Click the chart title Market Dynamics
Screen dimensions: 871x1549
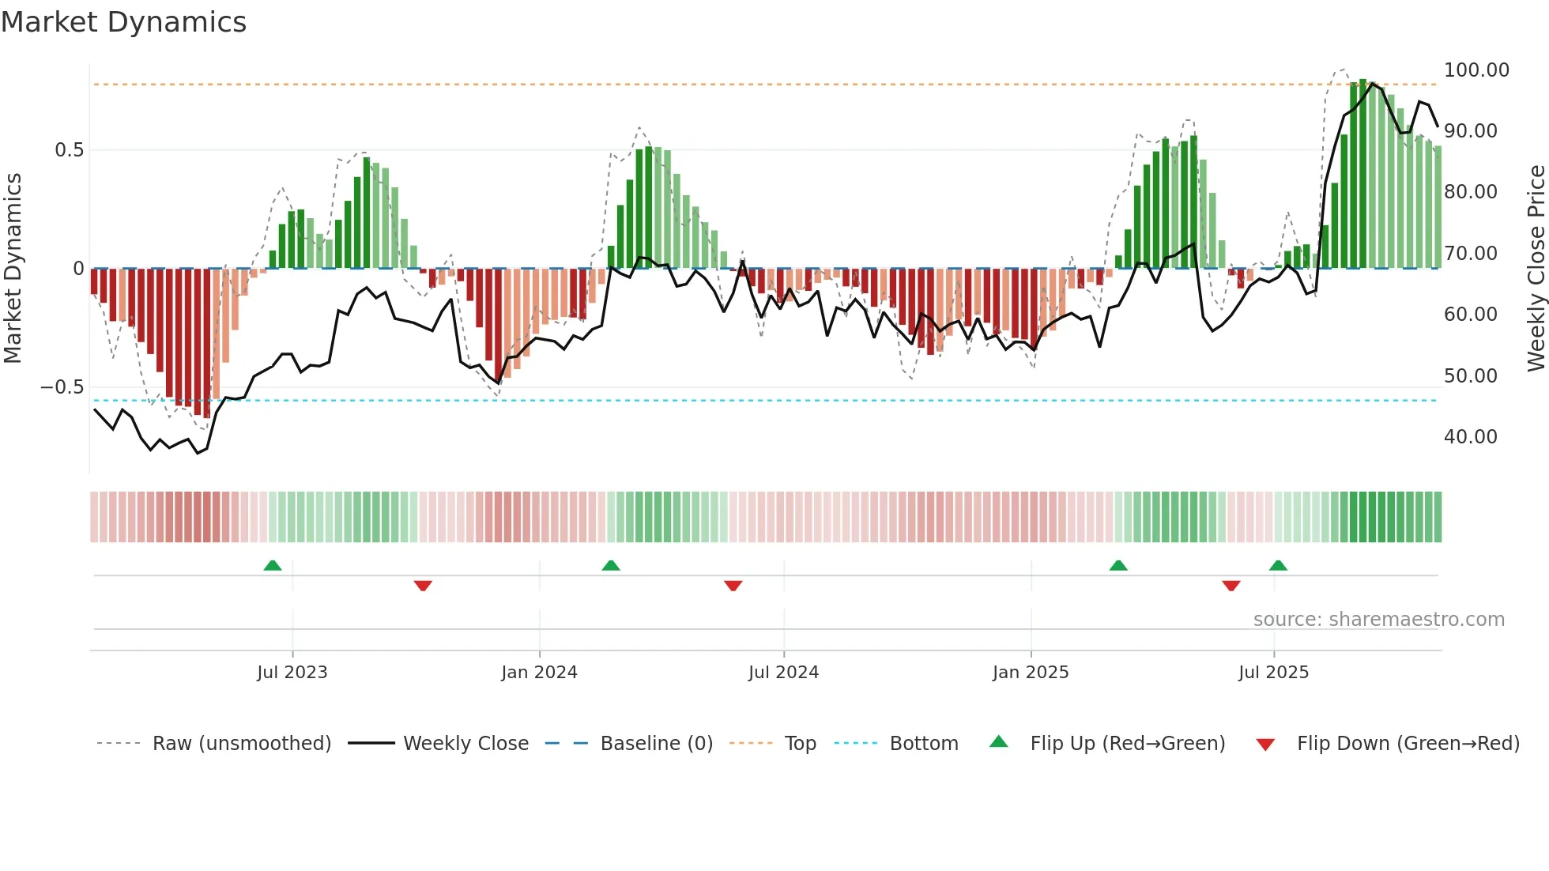coord(124,22)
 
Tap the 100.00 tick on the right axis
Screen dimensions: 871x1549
coord(1476,70)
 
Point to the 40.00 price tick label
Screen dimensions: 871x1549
coord(1470,437)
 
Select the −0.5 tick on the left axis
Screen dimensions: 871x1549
coord(62,387)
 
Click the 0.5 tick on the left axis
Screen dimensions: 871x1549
coord(69,150)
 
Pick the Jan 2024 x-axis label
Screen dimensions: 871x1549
coord(539,673)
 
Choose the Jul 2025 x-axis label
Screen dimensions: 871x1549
coord(1273,673)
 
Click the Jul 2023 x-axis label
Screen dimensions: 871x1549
coord(292,673)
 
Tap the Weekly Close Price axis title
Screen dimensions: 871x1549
coord(1536,269)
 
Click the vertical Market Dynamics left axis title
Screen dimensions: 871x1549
coord(13,269)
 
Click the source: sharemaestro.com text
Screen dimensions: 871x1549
coord(1378,620)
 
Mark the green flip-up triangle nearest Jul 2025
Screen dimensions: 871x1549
coord(1278,565)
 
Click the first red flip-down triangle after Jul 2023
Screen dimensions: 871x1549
coord(423,586)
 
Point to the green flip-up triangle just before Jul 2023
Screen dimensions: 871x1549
coord(273,565)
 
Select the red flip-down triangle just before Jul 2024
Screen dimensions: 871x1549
coord(733,586)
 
